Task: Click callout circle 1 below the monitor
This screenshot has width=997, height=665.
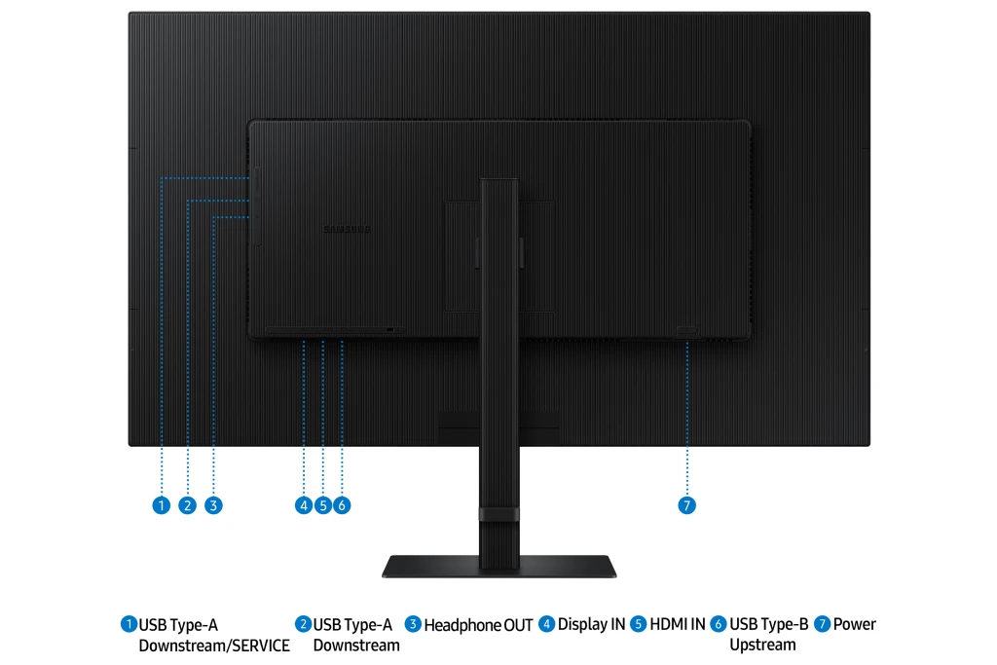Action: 162,505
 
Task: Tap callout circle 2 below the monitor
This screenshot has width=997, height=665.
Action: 188,505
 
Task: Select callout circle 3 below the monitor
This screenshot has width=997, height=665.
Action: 213,505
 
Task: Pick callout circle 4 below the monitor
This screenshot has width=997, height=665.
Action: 304,505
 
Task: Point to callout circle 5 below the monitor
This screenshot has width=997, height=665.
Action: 323,505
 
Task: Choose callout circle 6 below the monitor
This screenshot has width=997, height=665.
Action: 342,505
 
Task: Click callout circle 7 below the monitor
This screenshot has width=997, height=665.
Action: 686,505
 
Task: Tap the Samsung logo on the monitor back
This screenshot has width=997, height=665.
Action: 348,230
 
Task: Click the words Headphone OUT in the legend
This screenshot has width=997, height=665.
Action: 478,626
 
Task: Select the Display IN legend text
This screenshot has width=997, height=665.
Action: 591,624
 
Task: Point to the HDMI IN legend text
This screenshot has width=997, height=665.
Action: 678,624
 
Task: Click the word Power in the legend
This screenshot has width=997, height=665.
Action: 855,624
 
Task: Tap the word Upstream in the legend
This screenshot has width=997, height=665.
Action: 762,646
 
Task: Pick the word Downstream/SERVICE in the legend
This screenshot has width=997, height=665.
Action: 214,646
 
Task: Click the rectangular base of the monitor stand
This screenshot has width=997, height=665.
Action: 499,567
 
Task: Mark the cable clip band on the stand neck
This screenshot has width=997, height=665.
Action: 499,514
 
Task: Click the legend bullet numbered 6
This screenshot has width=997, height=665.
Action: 719,624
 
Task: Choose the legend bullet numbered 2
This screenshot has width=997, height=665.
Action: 303,624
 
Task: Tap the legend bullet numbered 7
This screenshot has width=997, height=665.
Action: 822,624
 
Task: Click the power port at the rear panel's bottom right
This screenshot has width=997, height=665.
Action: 686,331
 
